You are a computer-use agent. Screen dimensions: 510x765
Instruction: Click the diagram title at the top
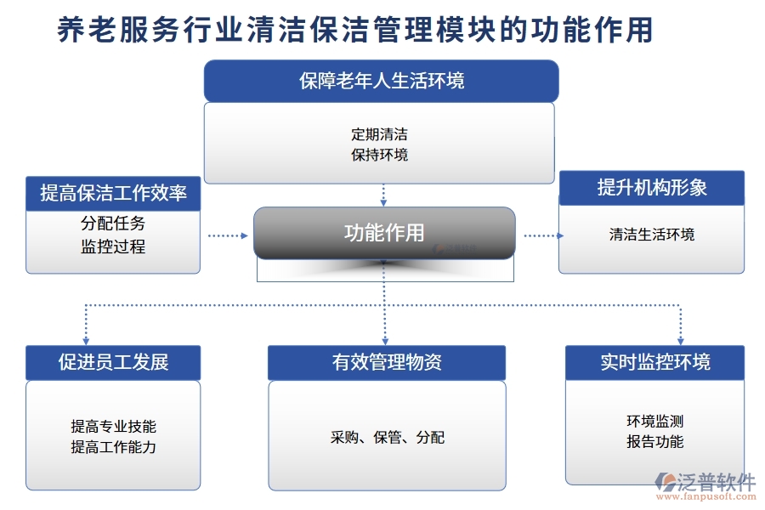pyautogui.click(x=355, y=31)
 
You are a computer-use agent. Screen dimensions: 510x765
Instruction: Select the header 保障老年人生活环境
pyautogui.click(x=382, y=81)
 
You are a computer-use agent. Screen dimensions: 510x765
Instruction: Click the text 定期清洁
pyautogui.click(x=379, y=134)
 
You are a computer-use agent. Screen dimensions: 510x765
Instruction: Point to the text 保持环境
pyautogui.click(x=379, y=155)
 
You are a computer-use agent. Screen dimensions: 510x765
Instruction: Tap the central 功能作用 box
pyautogui.click(x=384, y=232)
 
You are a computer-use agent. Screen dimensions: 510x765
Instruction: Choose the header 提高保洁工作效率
pyautogui.click(x=113, y=193)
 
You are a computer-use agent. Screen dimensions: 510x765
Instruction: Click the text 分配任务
pyautogui.click(x=113, y=224)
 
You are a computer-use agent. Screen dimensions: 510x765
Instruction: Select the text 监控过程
pyautogui.click(x=113, y=246)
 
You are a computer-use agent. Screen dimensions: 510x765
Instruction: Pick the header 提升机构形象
pyautogui.click(x=652, y=188)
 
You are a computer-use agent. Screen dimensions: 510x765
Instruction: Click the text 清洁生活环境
pyautogui.click(x=652, y=235)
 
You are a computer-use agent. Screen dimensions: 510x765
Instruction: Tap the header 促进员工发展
pyautogui.click(x=113, y=362)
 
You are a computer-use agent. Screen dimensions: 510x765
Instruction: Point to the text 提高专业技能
pyautogui.click(x=113, y=427)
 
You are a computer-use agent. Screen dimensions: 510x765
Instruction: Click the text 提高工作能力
pyautogui.click(x=113, y=447)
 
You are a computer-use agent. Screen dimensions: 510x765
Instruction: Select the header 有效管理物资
pyautogui.click(x=387, y=362)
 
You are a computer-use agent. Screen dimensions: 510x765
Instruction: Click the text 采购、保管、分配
pyautogui.click(x=387, y=438)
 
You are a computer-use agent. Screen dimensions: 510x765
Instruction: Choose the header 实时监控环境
pyautogui.click(x=655, y=362)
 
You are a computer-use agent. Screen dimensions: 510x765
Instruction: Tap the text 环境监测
pyautogui.click(x=655, y=422)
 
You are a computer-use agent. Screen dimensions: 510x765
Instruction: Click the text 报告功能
pyautogui.click(x=655, y=442)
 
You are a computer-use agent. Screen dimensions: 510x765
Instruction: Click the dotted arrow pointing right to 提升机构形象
pyautogui.click(x=541, y=235)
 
